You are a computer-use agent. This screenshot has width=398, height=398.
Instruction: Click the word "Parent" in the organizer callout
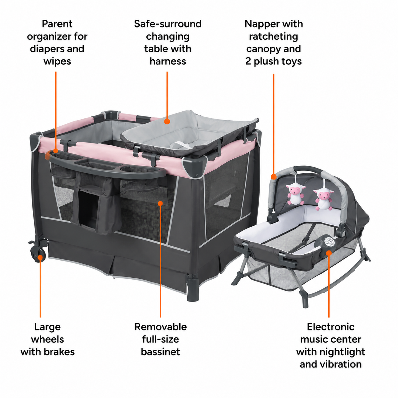[x=57, y=24]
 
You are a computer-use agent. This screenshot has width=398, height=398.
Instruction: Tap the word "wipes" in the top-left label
[x=57, y=61]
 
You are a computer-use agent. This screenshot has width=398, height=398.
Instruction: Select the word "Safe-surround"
[x=168, y=24]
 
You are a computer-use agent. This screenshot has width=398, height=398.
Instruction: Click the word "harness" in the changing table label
[x=168, y=61]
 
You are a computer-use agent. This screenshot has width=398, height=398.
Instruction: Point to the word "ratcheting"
[x=274, y=37]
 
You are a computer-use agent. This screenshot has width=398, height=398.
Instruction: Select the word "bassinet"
[x=160, y=352]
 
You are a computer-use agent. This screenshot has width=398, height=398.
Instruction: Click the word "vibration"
[x=341, y=364]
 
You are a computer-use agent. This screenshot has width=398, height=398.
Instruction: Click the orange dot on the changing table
[x=167, y=121]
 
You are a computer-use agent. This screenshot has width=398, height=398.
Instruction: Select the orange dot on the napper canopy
[x=274, y=177]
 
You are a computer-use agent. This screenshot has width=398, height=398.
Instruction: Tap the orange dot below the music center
[x=329, y=253]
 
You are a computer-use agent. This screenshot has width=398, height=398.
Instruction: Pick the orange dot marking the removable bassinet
[x=160, y=203]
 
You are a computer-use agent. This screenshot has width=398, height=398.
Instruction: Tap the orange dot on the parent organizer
[x=56, y=151]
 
